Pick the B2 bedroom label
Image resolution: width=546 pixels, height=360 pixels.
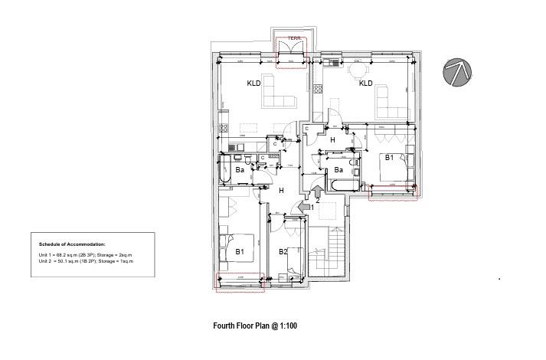[283, 251]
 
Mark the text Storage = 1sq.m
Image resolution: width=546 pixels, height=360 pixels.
[116, 261]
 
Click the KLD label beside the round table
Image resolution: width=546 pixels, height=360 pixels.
[365, 83]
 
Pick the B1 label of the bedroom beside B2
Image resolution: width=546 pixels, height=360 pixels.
[239, 250]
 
